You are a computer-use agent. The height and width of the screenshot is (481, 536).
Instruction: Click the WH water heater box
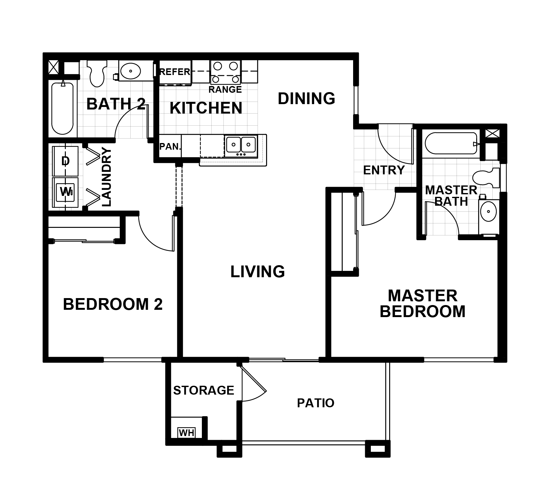pyautogui.click(x=186, y=432)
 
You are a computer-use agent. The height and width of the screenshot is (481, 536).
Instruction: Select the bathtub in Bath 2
pyautogui.click(x=63, y=108)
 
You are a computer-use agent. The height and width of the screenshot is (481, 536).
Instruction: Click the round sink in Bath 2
pyautogui.click(x=130, y=71)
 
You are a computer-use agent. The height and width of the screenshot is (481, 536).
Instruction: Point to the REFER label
pyautogui.click(x=175, y=72)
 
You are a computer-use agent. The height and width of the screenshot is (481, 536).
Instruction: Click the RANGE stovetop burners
pyautogui.click(x=225, y=72)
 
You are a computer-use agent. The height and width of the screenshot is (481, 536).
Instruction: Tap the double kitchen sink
pyautogui.click(x=241, y=145)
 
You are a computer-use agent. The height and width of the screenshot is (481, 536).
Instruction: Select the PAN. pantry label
pyautogui.click(x=170, y=147)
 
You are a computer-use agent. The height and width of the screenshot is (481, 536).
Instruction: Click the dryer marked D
pyautogui.click(x=65, y=161)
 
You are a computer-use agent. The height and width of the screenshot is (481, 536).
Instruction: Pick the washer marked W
pyautogui.click(x=66, y=192)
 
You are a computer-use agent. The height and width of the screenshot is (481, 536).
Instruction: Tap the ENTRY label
pyautogui.click(x=384, y=170)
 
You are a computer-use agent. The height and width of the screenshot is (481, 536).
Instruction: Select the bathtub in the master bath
pyautogui.click(x=451, y=144)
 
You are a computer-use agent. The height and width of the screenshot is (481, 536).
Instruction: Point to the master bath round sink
pyautogui.click(x=488, y=211)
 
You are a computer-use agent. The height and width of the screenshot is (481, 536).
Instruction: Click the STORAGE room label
pyautogui.click(x=203, y=390)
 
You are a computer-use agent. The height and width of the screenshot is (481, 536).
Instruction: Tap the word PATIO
pyautogui.click(x=315, y=403)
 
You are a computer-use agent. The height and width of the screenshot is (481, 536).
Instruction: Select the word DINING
pyautogui.click(x=306, y=98)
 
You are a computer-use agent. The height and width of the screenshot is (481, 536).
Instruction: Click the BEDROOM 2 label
pyautogui.click(x=113, y=304)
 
